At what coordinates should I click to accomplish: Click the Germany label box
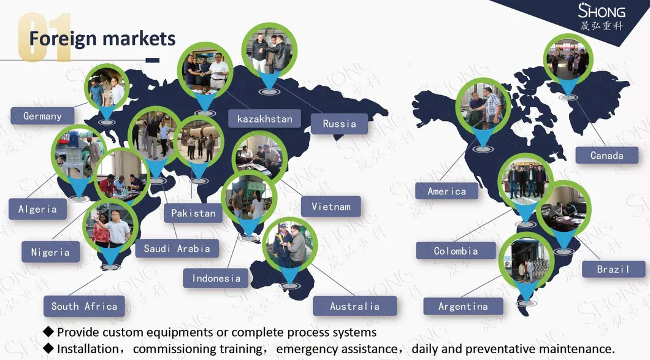[x=42, y=116]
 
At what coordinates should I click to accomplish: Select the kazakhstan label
[x=264, y=118]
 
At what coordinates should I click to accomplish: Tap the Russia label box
[x=339, y=124]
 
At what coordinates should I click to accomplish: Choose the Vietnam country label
[x=331, y=206]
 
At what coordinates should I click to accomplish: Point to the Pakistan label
[x=193, y=213]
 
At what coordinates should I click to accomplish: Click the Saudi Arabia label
[x=177, y=248]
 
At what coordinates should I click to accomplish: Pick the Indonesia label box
[x=216, y=278]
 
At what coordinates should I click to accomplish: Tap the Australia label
[x=354, y=306]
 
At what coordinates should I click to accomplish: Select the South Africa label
[x=84, y=306]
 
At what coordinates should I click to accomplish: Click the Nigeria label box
[x=50, y=251]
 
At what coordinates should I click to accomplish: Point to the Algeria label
[x=38, y=209]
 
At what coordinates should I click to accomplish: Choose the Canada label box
[x=607, y=156]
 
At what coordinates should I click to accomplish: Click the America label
[x=446, y=191]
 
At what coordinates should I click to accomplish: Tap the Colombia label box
[x=456, y=251]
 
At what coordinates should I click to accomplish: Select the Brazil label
[x=613, y=269]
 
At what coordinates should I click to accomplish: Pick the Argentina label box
[x=463, y=307]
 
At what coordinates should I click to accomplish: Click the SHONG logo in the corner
[x=602, y=17]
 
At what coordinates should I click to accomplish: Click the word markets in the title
[x=139, y=39]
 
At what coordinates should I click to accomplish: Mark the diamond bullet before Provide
[x=48, y=331]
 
